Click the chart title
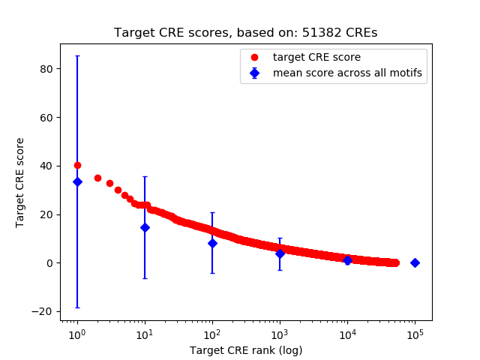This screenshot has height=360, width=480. pos(246,33)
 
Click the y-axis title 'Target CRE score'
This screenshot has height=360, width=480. pos(20,182)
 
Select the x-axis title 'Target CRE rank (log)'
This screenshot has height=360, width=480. pos(246,350)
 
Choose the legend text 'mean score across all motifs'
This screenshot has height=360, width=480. pos(347,73)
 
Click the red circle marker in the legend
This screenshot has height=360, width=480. pos(254,57)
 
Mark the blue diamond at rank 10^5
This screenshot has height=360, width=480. pos(415,262)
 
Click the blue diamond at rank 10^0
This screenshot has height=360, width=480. pos(77,181)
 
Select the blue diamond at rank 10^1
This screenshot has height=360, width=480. pos(145,227)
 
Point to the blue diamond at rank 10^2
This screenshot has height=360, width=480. pos(212,243)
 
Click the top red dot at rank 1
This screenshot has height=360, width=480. pos(77,165)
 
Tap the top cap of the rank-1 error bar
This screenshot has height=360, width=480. pos(77,55)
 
